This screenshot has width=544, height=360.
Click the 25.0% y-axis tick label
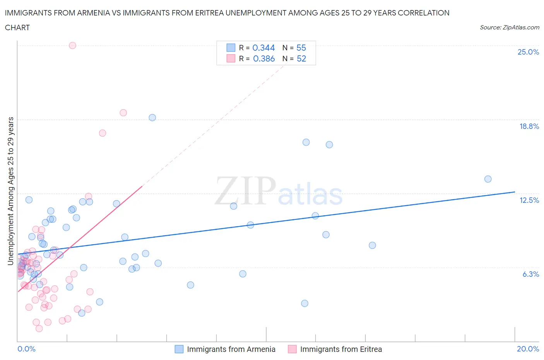[x=528, y=52]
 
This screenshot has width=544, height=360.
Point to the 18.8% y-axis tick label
[x=529, y=126]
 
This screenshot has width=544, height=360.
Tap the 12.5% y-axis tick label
[x=529, y=200]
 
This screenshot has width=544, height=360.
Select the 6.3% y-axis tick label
[x=530, y=274]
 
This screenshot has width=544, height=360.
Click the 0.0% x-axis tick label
[x=26, y=349]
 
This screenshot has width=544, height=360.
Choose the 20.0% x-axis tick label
[x=528, y=349]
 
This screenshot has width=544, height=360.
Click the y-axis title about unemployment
[x=10, y=191]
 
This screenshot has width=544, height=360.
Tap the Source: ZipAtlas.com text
[x=509, y=27]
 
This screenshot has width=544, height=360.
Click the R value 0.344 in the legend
[x=263, y=48]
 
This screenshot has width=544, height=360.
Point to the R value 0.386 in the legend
[x=264, y=58]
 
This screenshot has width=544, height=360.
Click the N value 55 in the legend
[x=301, y=48]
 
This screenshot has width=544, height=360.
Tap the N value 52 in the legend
[x=301, y=58]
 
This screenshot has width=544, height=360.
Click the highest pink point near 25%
[x=72, y=45]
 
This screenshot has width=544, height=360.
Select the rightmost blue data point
[x=488, y=179]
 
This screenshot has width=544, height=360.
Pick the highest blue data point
[x=152, y=117]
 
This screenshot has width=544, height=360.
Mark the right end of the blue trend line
[x=515, y=192]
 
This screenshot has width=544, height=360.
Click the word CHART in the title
[x=17, y=27]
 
